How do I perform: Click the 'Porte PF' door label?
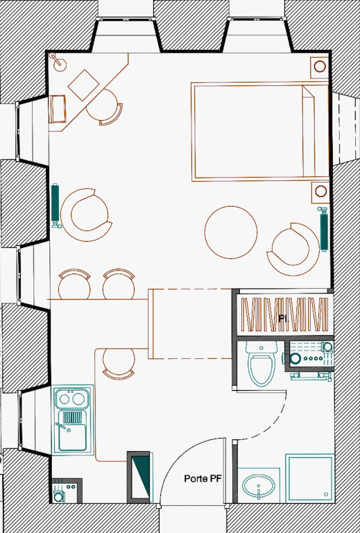(x=203, y=479)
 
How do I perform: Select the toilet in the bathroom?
(x=262, y=364)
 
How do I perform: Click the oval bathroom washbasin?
(x=259, y=486)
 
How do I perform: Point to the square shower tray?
(x=309, y=478)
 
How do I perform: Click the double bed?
(x=260, y=132)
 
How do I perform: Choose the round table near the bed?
(x=231, y=232)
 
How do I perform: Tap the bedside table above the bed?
(x=320, y=67)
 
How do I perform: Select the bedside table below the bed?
(x=320, y=192)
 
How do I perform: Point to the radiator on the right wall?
(x=324, y=228)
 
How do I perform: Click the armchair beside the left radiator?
(x=86, y=215)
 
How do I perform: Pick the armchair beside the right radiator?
(x=293, y=249)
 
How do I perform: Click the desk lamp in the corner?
(x=58, y=62)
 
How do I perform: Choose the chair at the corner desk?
(x=104, y=108)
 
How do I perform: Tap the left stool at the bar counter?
(x=74, y=284)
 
